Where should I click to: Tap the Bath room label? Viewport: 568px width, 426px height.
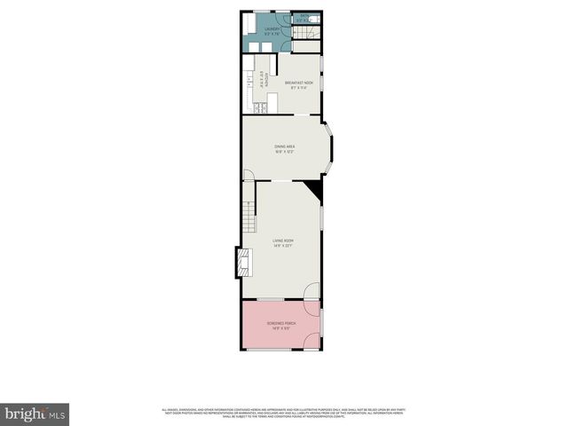coord(304,16)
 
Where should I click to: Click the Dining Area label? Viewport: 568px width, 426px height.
coord(284,146)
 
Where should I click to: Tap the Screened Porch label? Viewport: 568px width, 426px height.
coord(281,322)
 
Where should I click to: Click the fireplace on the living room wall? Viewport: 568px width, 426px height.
coord(241,264)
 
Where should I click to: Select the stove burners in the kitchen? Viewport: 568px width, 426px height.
coord(256,108)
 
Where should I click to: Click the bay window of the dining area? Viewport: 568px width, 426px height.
coord(329,147)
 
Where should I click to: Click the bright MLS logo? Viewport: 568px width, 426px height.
coord(35,414)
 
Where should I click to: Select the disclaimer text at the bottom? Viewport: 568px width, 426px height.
coord(284,413)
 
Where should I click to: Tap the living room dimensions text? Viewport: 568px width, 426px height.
coord(283,246)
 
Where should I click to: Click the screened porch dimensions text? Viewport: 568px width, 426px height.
coord(281,327)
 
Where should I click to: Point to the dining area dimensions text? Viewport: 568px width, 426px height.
coord(284,152)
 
